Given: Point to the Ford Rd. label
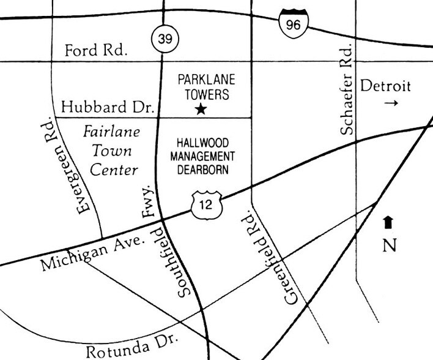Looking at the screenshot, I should point(96,51).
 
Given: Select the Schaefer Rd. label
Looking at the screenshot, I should point(346,89).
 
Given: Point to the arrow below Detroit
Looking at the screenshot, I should point(391,103).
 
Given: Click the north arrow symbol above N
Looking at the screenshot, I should point(388,222).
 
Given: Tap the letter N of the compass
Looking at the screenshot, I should point(389,245).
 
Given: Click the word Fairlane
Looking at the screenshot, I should point(111,132).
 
